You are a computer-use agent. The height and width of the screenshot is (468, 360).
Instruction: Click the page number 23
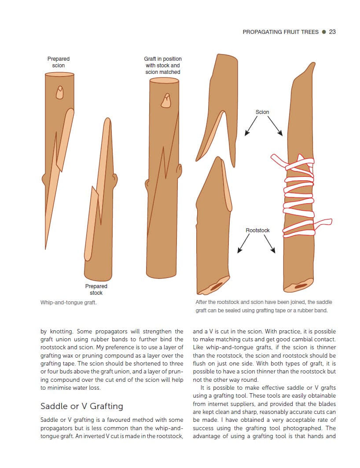click(x=332, y=32)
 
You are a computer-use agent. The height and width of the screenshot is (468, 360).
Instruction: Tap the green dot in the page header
click(x=323, y=32)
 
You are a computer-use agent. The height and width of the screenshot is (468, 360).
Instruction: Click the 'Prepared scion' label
click(x=59, y=62)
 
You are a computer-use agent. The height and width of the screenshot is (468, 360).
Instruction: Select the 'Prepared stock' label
click(x=96, y=289)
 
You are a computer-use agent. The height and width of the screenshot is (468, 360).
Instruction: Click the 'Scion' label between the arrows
click(x=262, y=112)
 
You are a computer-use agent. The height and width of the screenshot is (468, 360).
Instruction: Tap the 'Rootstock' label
click(x=257, y=230)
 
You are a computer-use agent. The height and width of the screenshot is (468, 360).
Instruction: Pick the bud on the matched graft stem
click(x=166, y=101)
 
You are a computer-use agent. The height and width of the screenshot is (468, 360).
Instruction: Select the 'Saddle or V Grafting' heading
click(x=81, y=406)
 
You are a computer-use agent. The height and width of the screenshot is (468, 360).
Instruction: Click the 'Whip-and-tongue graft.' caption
click(x=68, y=303)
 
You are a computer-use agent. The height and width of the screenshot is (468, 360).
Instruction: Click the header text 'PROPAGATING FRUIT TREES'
click(x=280, y=32)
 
